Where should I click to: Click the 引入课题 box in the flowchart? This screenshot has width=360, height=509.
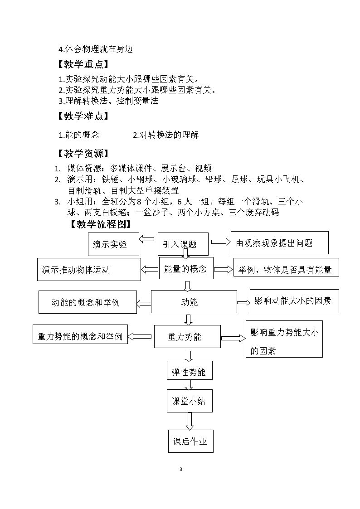click(x=183, y=244)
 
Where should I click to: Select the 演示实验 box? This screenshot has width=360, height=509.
click(x=113, y=244)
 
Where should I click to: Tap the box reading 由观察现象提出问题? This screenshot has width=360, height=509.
click(x=279, y=242)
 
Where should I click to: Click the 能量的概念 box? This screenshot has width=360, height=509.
click(x=186, y=268)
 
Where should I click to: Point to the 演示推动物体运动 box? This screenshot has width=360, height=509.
click(x=89, y=269)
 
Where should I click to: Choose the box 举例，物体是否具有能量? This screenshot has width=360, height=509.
click(x=286, y=269)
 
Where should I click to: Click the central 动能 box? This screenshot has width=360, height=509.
click(x=194, y=301)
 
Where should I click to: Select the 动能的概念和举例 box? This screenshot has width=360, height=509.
click(x=88, y=302)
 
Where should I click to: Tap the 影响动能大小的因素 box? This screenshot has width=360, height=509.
click(x=294, y=301)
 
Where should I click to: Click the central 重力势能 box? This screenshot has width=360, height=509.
click(x=187, y=336)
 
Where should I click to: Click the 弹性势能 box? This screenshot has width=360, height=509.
click(x=190, y=370)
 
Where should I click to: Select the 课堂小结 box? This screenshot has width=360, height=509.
click(x=190, y=401)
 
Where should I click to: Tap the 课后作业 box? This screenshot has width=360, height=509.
click(x=190, y=441)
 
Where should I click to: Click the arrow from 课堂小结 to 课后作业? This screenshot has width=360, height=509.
click(x=190, y=421)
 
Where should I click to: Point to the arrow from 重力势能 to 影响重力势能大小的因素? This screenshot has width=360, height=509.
click(x=234, y=338)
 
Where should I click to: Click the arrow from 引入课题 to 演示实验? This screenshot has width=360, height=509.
click(x=146, y=239)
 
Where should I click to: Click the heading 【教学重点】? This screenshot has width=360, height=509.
click(x=83, y=64)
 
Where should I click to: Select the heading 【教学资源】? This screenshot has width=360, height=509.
click(x=83, y=153)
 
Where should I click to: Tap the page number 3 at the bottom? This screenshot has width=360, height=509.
click(x=181, y=469)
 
